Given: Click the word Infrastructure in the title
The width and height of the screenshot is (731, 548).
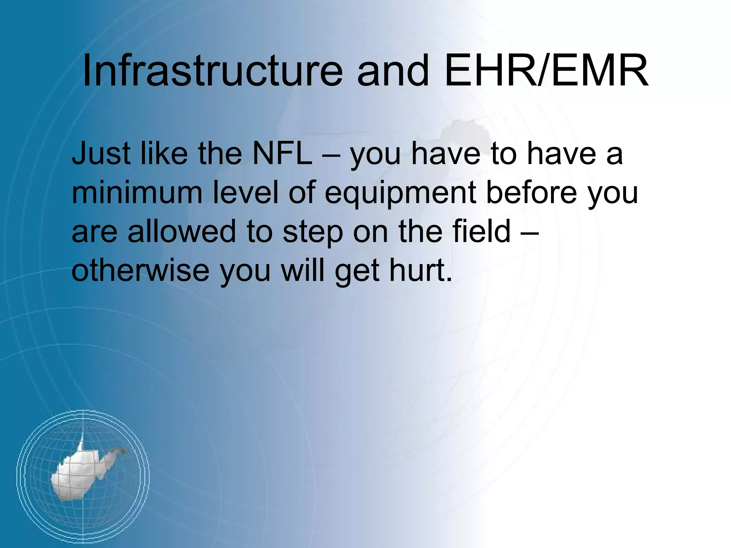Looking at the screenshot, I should pos(212,71).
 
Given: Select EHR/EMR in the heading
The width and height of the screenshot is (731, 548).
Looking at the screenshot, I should pos(546,71).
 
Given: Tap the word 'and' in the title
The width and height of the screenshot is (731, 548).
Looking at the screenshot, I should pos(393,71).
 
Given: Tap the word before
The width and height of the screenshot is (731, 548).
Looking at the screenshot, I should pos(532,193).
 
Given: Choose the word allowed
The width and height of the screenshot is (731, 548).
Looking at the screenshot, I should pos(182,232).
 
